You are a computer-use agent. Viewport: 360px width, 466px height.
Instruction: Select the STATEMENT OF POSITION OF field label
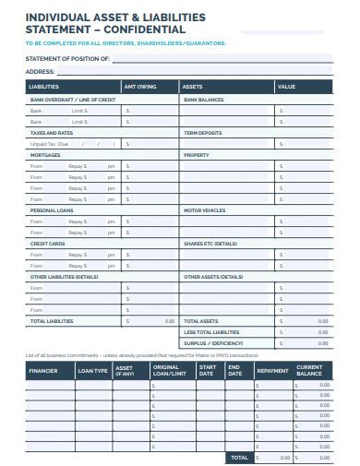click(x=66, y=58)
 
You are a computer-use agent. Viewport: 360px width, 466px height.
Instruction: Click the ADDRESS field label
click(x=39, y=70)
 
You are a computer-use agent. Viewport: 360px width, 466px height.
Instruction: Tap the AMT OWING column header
click(x=140, y=86)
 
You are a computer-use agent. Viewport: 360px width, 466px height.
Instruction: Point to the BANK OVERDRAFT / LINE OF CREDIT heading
click(x=73, y=99)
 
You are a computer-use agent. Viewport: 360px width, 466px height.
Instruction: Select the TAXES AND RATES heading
click(x=52, y=133)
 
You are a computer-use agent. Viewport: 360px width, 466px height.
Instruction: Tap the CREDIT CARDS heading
click(x=47, y=244)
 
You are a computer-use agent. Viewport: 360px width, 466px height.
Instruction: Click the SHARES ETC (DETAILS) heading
click(x=210, y=244)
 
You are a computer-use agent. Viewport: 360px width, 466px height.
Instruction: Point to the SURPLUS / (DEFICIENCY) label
click(x=212, y=343)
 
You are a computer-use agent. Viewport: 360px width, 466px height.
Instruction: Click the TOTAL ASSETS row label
click(x=202, y=321)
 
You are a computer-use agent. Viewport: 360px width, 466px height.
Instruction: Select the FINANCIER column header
click(x=43, y=371)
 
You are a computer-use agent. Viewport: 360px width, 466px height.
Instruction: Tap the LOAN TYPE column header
click(x=92, y=371)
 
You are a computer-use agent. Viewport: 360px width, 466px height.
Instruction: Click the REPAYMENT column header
click(x=271, y=371)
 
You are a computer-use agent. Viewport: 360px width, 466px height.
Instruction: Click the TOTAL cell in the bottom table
click(x=238, y=457)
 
